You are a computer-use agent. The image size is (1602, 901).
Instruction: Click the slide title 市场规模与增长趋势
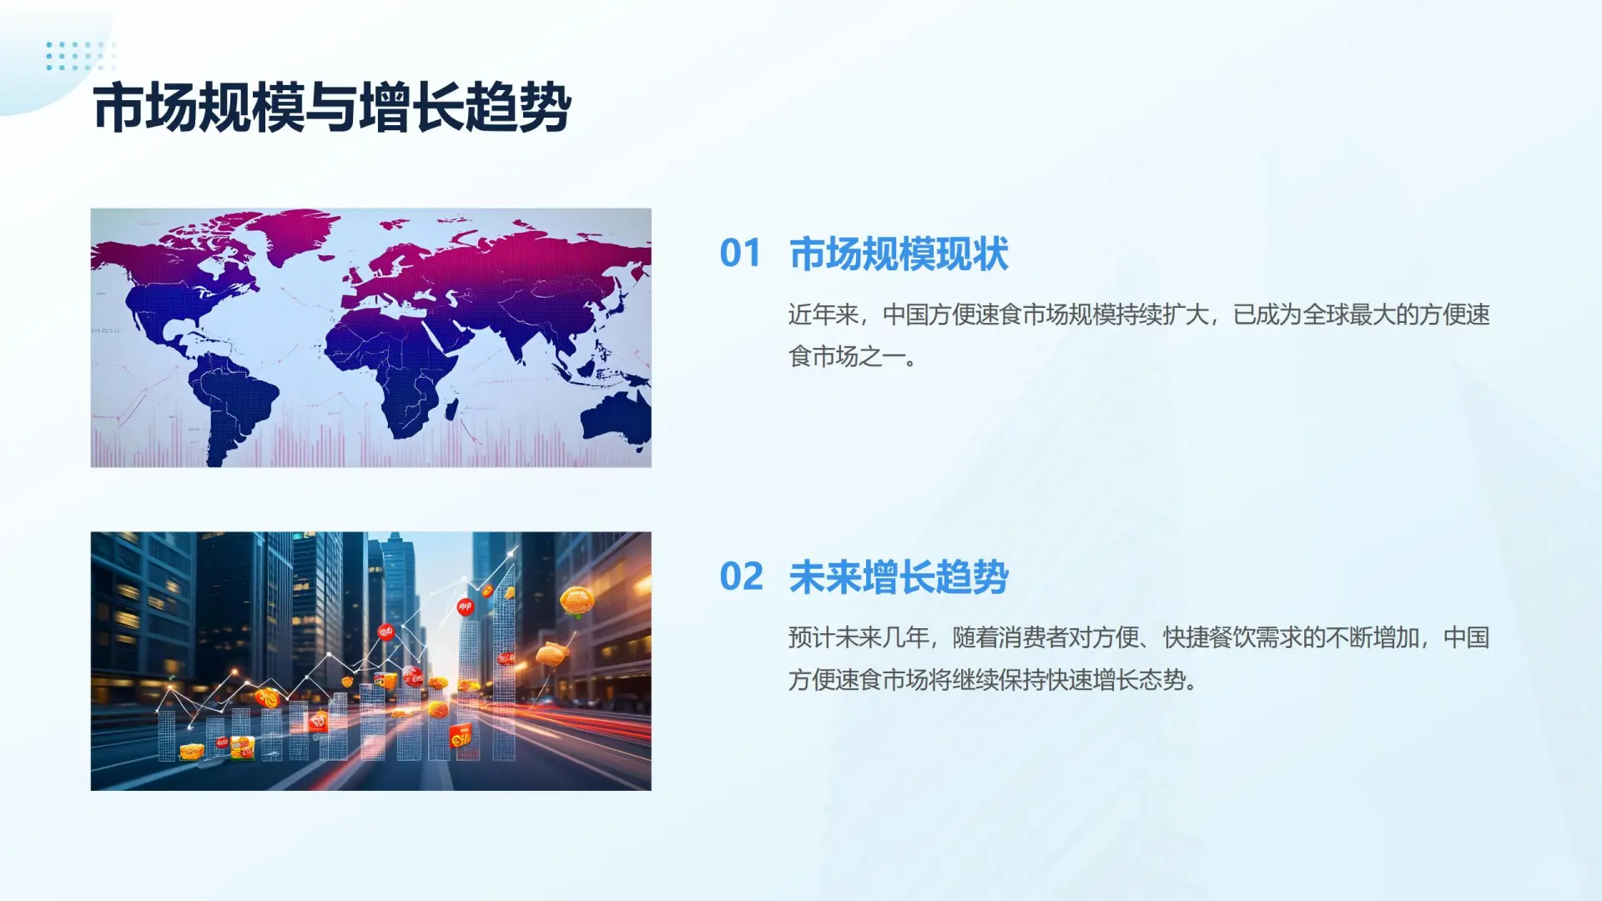pos(332,108)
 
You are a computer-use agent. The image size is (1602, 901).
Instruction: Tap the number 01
pos(740,254)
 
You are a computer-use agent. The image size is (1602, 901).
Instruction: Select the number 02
pos(741,576)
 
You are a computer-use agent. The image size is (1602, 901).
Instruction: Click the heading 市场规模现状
pos(899,254)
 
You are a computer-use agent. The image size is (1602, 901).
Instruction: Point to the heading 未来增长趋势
pos(899,576)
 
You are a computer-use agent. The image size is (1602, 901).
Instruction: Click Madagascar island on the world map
pos(451,409)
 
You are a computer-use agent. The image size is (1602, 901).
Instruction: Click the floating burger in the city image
pos(577,601)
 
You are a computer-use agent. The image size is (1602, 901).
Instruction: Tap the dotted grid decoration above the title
pos(81,55)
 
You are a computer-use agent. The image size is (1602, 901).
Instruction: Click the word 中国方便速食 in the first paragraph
pos(951,315)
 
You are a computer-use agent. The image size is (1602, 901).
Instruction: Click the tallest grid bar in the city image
pos(505,667)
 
